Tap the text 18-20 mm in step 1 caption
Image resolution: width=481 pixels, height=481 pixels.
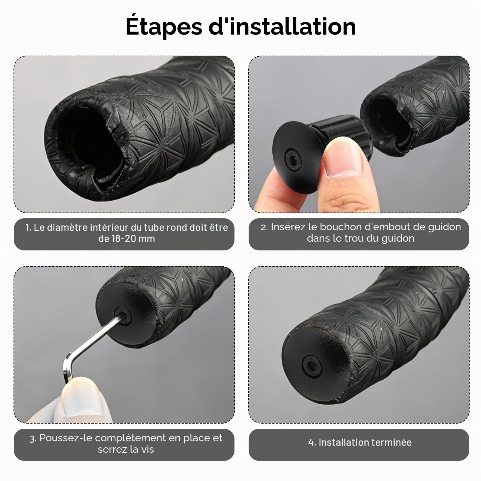127,239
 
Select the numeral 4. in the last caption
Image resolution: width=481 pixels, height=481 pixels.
312,442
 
